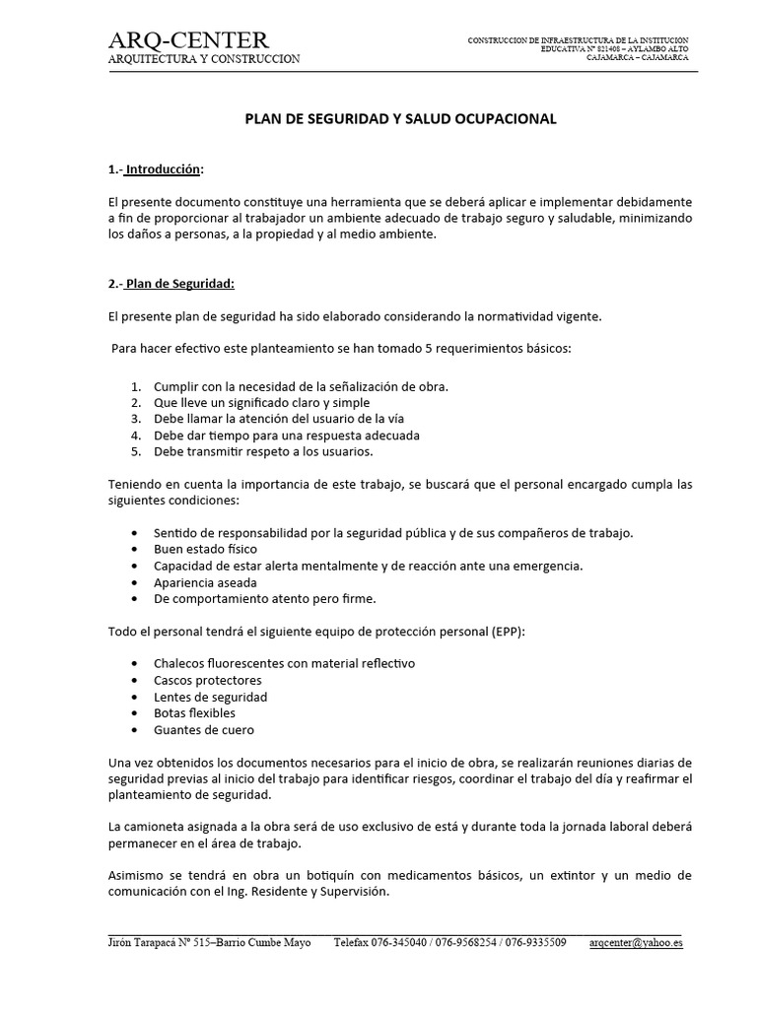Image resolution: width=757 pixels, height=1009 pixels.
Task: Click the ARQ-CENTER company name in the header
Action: (x=187, y=39)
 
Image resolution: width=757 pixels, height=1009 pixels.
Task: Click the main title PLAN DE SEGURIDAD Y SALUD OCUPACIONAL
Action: (x=400, y=118)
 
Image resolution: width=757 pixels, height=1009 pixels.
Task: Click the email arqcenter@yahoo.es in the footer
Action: (x=636, y=942)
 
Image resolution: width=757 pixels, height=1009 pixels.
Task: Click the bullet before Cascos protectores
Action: (x=134, y=680)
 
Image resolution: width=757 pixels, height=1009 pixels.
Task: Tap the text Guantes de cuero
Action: (x=204, y=729)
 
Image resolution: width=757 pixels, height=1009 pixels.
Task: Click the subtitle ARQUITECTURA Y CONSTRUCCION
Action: (x=204, y=59)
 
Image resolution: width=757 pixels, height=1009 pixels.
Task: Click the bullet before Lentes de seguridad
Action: (x=134, y=697)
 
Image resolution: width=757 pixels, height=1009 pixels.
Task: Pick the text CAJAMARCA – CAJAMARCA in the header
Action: (x=637, y=57)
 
